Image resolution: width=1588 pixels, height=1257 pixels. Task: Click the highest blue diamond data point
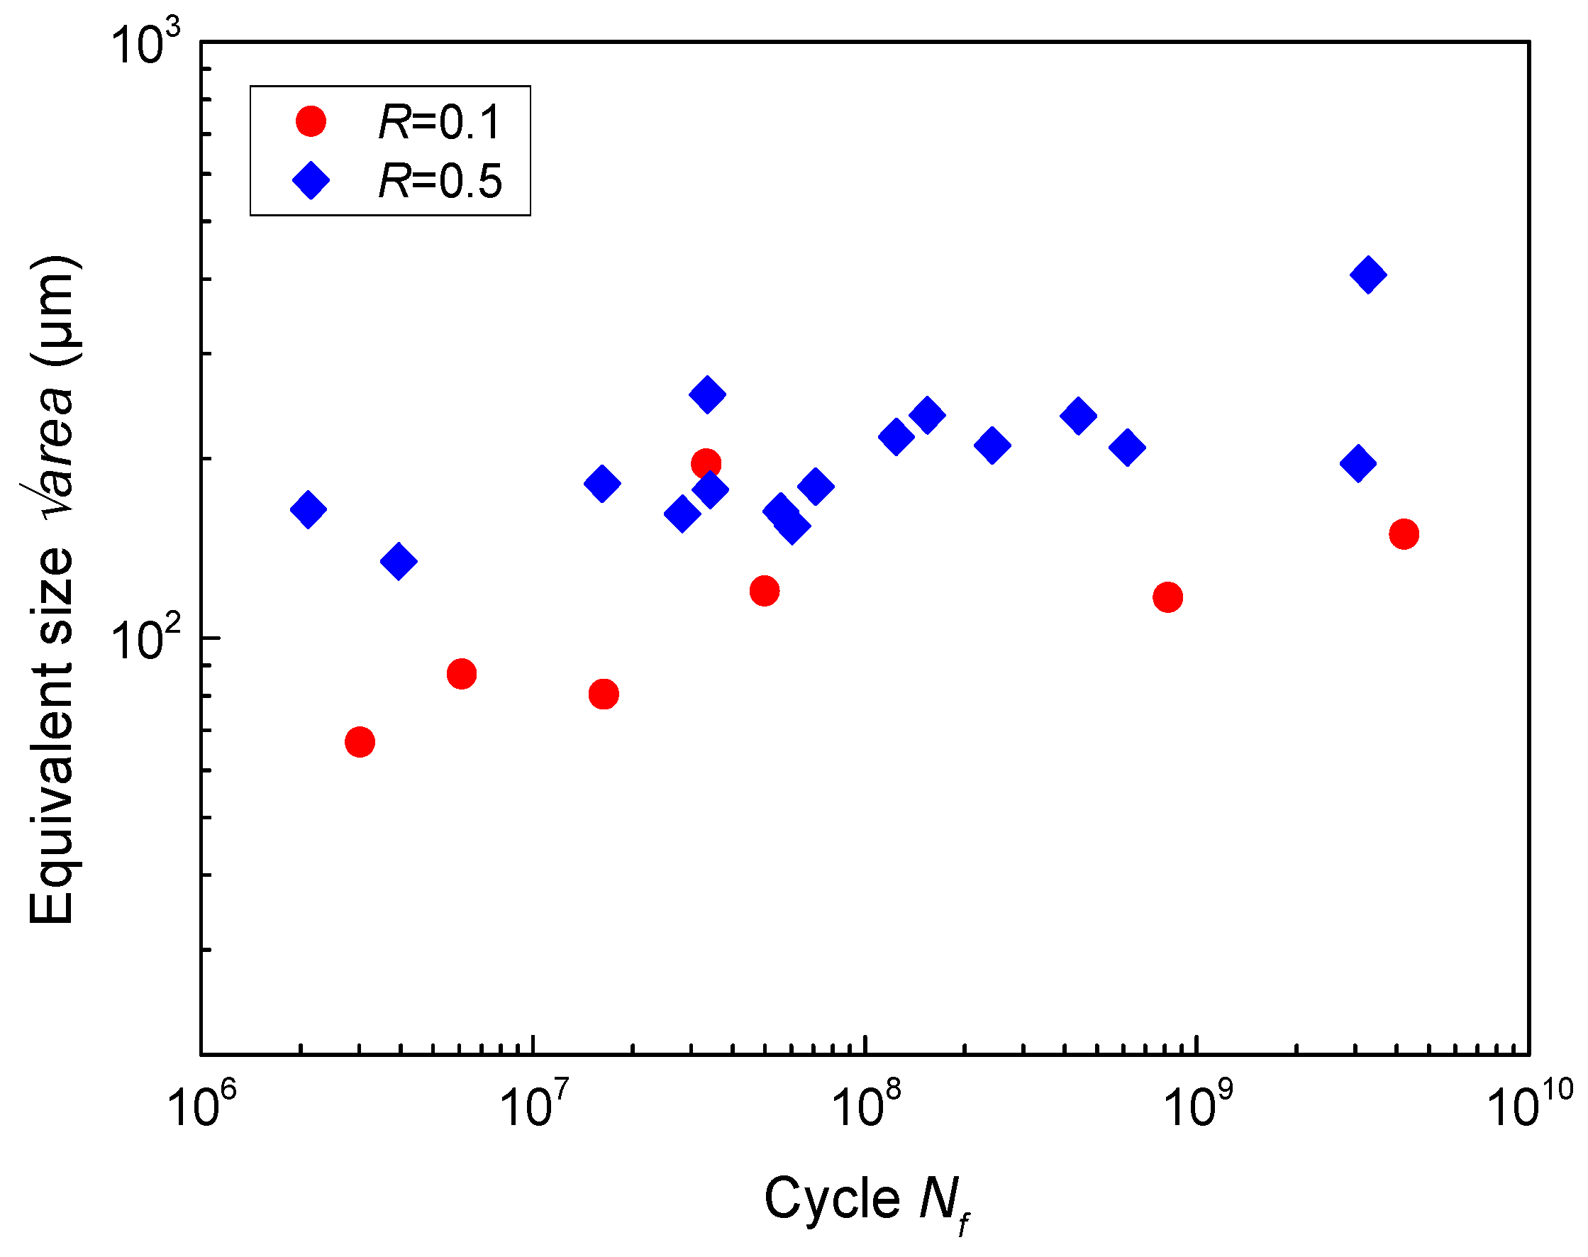(1368, 275)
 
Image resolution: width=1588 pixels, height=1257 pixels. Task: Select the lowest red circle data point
(360, 742)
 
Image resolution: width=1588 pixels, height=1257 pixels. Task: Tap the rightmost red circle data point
(1404, 534)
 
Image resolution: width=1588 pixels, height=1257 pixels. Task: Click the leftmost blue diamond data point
(309, 509)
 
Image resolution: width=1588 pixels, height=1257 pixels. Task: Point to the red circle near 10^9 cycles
(1168, 597)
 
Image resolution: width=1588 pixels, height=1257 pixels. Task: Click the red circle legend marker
(311, 121)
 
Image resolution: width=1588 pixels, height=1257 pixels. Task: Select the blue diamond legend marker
(311, 180)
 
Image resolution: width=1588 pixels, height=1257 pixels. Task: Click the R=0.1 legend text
(439, 122)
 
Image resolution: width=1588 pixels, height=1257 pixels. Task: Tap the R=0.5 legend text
(439, 181)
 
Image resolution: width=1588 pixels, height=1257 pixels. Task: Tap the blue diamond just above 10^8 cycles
(896, 437)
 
